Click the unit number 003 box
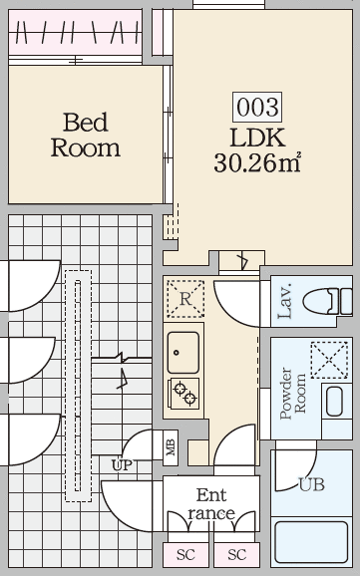click(257, 107)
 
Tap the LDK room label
click(257, 138)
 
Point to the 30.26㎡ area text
click(257, 162)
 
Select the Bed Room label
click(86, 135)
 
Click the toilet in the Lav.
click(328, 302)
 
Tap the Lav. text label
click(285, 301)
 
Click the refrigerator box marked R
click(185, 299)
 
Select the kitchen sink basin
click(183, 353)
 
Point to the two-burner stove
click(183, 394)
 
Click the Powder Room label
click(293, 393)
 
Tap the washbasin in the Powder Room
click(335, 402)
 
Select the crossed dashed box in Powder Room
click(329, 360)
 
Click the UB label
click(312, 484)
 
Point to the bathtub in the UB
click(311, 542)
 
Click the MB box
click(171, 447)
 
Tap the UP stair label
click(122, 465)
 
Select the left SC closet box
click(185, 555)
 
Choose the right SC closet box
click(236, 555)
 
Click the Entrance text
click(211, 504)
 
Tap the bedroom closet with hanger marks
click(75, 32)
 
